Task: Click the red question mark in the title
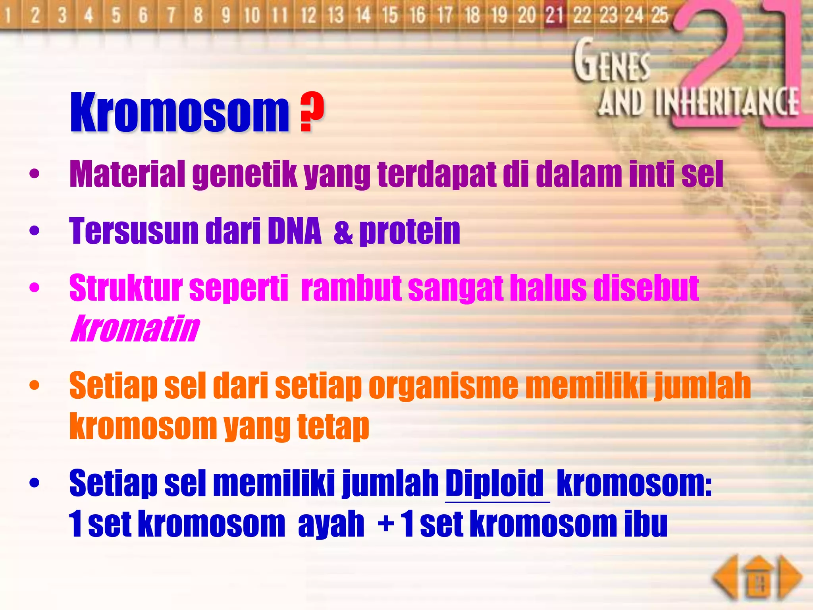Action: [312, 112]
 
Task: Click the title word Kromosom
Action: [179, 112]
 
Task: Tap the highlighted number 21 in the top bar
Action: [555, 15]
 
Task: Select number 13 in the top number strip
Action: [336, 15]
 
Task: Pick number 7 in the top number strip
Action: [171, 15]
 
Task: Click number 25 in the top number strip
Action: [659, 15]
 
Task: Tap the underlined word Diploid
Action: [495, 483]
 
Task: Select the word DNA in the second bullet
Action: [294, 231]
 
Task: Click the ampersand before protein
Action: [343, 232]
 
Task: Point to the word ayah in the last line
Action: [331, 525]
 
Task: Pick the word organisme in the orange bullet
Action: [443, 386]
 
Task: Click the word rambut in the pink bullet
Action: [351, 288]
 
